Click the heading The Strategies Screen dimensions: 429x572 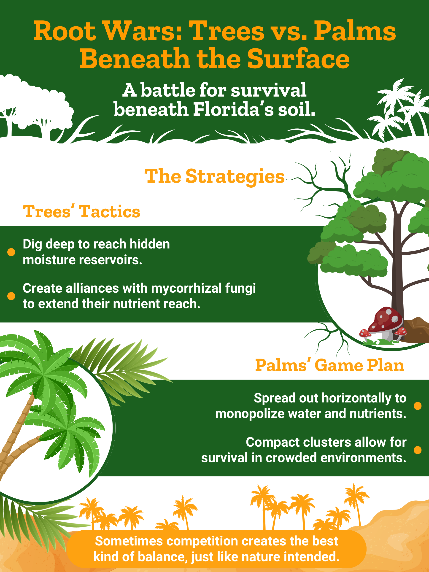[x=214, y=176]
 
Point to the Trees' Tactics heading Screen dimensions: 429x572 [x=81, y=212]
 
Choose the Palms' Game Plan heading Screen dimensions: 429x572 [x=330, y=365]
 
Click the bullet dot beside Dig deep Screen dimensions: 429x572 [x=11, y=252]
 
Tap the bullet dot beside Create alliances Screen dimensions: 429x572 [x=11, y=296]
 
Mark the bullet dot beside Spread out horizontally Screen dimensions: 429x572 [x=418, y=406]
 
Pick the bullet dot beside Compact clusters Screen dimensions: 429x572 [x=418, y=450]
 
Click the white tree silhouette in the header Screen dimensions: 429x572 [x=36, y=109]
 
